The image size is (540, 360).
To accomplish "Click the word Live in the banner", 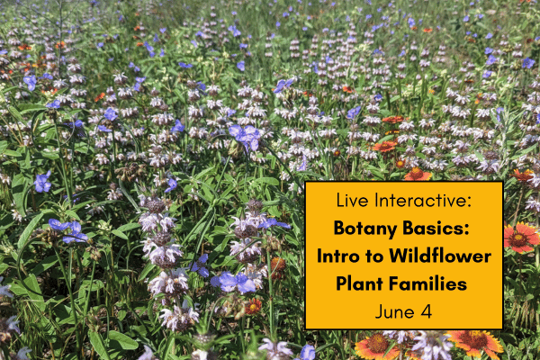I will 353,200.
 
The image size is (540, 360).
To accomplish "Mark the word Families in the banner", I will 434,283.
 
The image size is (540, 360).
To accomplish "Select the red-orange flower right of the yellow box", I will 522,237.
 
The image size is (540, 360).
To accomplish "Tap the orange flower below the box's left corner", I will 375,345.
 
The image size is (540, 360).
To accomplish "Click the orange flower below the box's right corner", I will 475,343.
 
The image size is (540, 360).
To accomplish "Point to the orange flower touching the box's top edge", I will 417,175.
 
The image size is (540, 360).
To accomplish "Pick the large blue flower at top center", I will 245,135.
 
